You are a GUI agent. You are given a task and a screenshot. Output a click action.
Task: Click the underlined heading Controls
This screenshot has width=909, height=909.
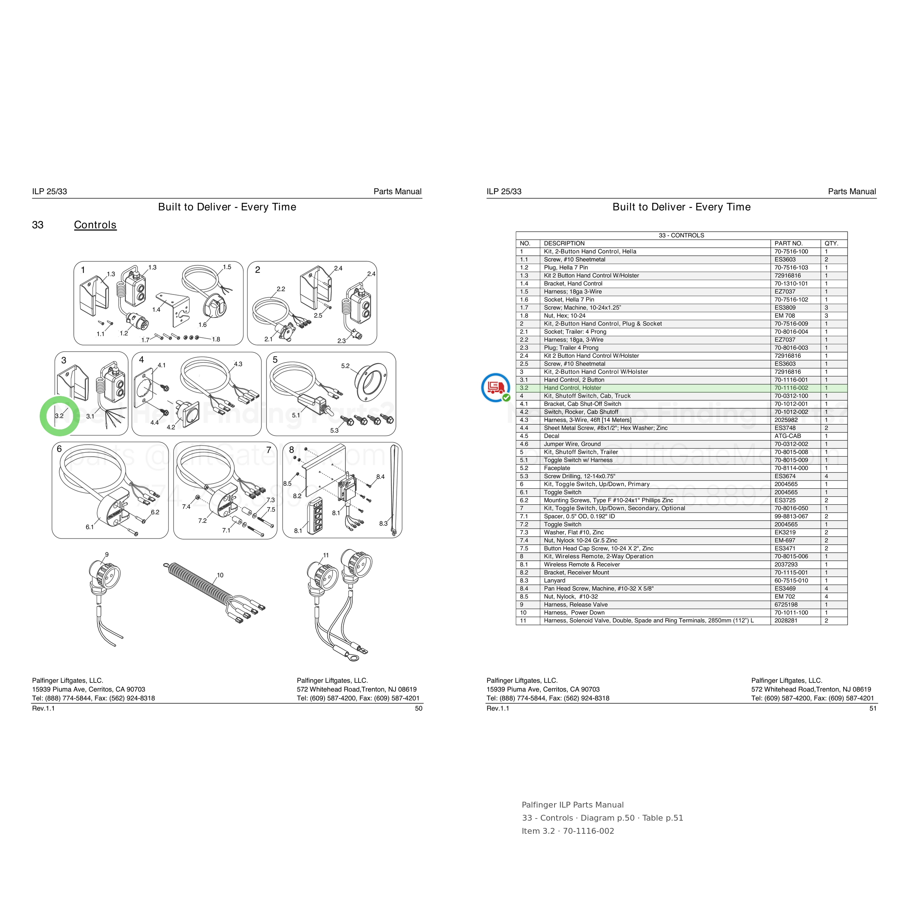coord(95,225)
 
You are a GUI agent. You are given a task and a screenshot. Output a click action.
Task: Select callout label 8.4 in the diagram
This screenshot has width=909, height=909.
coord(380,477)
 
